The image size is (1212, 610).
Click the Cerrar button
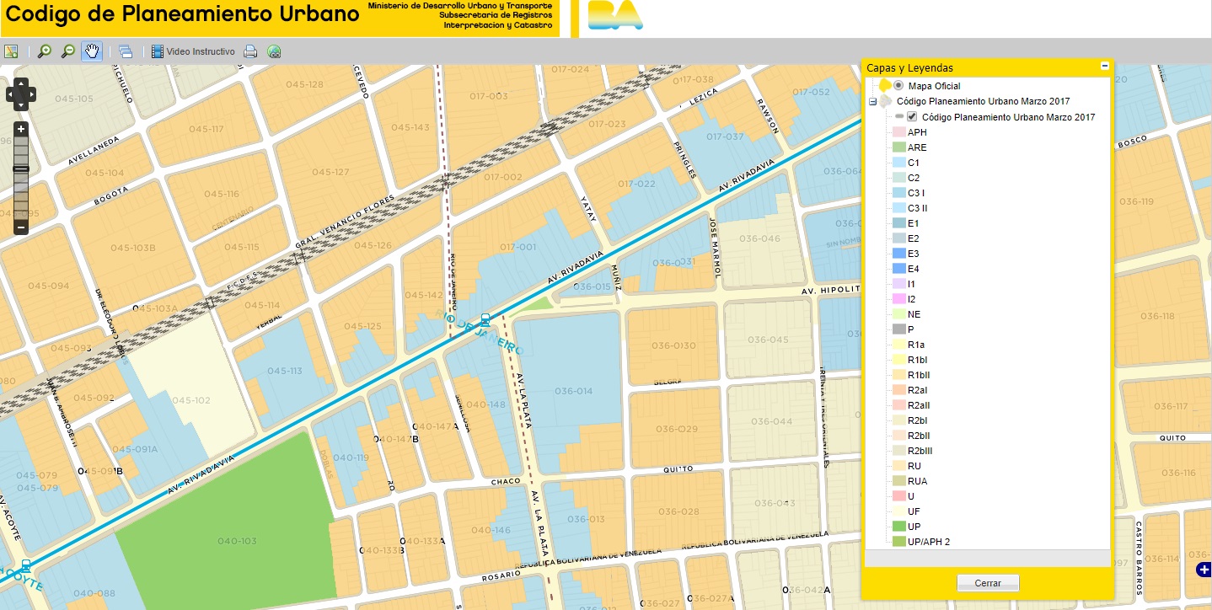click(988, 583)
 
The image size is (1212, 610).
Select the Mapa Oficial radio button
click(898, 86)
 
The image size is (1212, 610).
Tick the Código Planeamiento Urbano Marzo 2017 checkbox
click(912, 117)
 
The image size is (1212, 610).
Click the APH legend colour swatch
click(898, 132)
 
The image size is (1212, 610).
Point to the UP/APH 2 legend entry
click(928, 542)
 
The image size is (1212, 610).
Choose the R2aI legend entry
click(918, 390)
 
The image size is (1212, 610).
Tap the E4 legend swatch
click(898, 269)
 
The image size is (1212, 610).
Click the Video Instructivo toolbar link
click(200, 52)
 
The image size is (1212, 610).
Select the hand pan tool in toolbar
click(91, 51)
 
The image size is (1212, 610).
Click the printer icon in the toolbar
click(250, 52)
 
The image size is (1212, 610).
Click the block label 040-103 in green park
click(237, 541)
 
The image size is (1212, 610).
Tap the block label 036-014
click(573, 391)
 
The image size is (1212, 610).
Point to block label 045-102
click(190, 400)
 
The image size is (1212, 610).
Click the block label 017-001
click(518, 247)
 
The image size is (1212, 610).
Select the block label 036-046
click(759, 238)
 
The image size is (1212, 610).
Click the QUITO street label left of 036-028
click(678, 470)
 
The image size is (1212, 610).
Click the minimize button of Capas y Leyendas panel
click(1104, 67)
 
